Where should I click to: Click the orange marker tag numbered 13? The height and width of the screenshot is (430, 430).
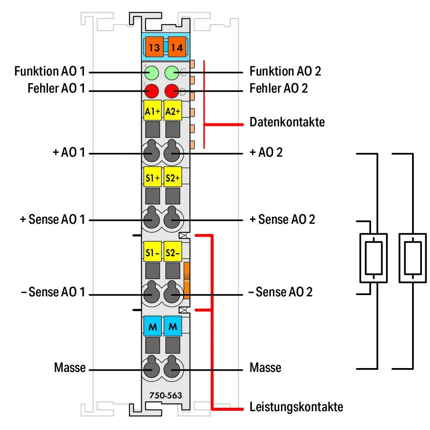155,47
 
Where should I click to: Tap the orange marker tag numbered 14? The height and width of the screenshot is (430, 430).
177,47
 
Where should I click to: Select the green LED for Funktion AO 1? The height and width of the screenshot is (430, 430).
152,73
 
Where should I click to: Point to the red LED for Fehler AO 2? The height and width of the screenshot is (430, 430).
172,91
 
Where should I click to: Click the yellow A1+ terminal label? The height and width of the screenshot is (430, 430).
152,111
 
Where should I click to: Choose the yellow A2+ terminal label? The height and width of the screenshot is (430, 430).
173,111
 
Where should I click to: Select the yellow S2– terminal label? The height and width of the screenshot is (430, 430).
173,252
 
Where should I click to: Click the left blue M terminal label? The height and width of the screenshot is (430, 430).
152,326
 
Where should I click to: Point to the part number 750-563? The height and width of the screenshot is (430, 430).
166,395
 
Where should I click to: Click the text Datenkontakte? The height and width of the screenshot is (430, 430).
287,122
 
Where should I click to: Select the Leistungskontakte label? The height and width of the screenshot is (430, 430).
296,407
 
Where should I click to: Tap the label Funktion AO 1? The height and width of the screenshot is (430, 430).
50,71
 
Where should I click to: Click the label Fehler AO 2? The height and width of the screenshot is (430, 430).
278,88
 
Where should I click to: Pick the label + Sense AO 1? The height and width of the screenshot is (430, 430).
53,219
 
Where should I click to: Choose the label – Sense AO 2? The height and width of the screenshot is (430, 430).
280,292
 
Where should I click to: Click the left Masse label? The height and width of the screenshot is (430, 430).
70,368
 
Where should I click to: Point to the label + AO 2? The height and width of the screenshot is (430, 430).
266,152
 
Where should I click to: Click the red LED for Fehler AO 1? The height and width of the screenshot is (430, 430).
152,91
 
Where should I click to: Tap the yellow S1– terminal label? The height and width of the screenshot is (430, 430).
152,252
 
